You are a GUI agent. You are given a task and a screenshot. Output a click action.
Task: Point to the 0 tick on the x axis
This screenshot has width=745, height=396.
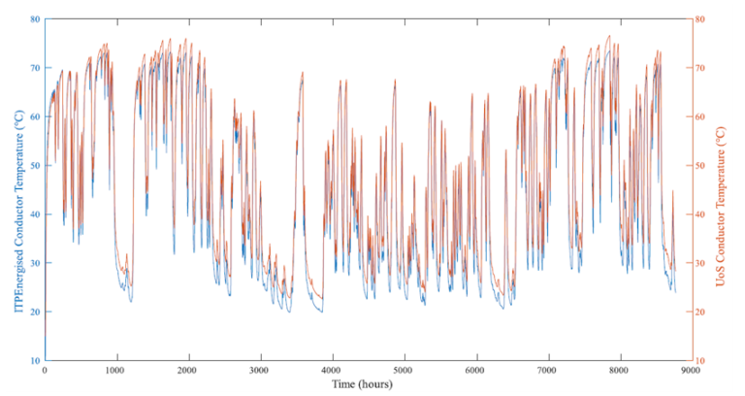point(45,371)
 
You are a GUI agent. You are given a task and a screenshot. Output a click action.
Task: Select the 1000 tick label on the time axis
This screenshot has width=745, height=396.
point(116,371)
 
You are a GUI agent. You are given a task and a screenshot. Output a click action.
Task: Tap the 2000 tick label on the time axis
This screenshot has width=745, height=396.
point(188,371)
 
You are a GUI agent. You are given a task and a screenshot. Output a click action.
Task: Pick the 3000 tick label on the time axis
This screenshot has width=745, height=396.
point(260,371)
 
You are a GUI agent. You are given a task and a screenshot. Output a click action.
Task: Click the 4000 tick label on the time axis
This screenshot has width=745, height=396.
point(332,371)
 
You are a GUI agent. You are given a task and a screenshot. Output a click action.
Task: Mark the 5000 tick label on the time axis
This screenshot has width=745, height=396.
point(404,371)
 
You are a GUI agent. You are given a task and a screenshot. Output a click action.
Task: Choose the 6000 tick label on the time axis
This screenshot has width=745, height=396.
point(475,371)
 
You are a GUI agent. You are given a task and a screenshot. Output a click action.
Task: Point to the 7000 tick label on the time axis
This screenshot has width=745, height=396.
point(547,371)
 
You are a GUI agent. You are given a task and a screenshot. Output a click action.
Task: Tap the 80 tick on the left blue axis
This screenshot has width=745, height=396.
point(35,19)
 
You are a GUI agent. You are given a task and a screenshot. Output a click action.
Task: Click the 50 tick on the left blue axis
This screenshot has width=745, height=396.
point(35,166)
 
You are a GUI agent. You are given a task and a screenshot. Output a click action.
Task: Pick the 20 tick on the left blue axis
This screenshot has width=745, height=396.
point(35,313)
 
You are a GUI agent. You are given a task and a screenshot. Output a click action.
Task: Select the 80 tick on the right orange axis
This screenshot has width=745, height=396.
point(701,19)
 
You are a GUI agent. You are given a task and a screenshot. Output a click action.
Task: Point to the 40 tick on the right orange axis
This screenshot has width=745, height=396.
point(701,214)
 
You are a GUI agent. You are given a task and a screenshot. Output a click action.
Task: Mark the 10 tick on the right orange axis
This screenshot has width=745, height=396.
point(701,361)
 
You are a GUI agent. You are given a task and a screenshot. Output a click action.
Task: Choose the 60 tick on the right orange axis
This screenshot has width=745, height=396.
point(701,116)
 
